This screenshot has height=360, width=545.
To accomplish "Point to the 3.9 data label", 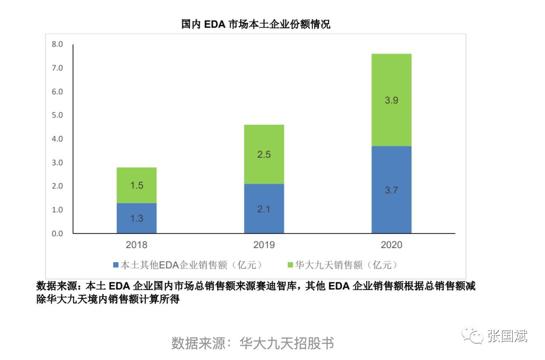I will tap(391, 101).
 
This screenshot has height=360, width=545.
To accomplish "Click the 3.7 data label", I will tap(391, 190).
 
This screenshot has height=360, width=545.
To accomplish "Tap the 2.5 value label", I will tap(264, 154).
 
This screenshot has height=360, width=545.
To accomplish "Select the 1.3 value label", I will tap(137, 219).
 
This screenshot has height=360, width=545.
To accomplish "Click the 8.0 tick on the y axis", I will tap(57, 44).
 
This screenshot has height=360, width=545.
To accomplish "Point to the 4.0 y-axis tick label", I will tap(57, 139).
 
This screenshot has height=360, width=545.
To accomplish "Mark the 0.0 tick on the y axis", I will tap(57, 234).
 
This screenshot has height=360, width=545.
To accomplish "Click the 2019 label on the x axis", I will tap(264, 245).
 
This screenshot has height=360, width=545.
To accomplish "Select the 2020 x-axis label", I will tap(391, 245).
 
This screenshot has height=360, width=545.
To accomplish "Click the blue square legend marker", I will tap(115, 265).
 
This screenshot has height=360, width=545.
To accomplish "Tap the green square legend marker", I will tap(290, 265).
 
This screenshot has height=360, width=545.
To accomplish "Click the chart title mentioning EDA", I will tap(255, 24).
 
